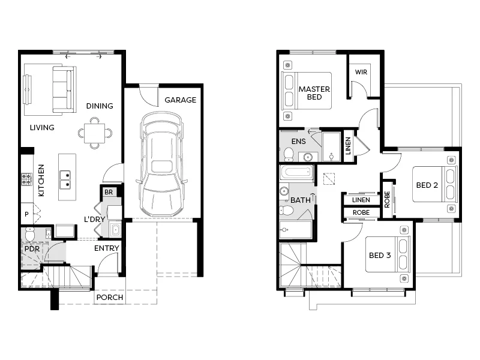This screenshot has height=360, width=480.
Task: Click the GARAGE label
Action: pyautogui.click(x=181, y=100)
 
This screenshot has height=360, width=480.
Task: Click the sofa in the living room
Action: pyautogui.click(x=64, y=89)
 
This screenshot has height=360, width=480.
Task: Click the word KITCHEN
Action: pyautogui.click(x=41, y=181)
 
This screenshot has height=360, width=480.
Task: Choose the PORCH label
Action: pyautogui.click(x=110, y=298)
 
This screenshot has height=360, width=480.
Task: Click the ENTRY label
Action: pyautogui.click(x=107, y=248)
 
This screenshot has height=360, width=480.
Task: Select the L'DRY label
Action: pyautogui.click(x=95, y=220)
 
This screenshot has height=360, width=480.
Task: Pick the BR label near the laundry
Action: pyautogui.click(x=109, y=193)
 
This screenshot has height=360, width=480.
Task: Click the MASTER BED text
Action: pyautogui.click(x=314, y=93)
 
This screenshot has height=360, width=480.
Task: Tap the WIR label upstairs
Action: pyautogui.click(x=361, y=72)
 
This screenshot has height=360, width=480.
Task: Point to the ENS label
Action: pyautogui.click(x=299, y=142)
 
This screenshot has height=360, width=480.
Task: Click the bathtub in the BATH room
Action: pyautogui.click(x=297, y=173)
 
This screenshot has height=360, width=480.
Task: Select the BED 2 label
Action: pyautogui.click(x=427, y=185)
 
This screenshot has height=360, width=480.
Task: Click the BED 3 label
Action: pyautogui.click(x=380, y=256)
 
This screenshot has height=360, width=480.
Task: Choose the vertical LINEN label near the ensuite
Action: pyautogui.click(x=349, y=146)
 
